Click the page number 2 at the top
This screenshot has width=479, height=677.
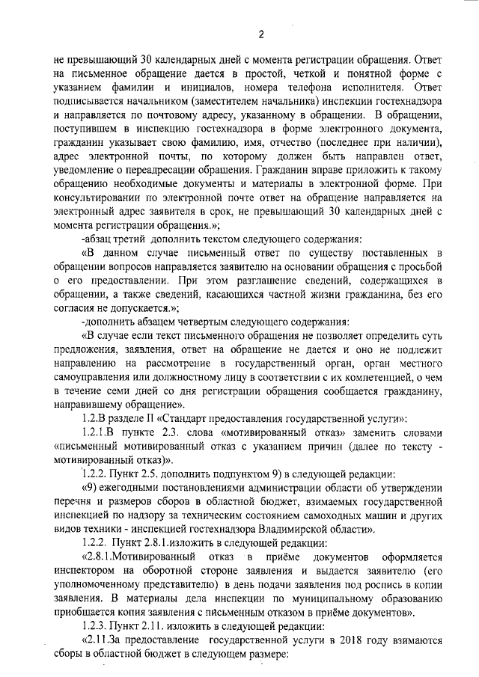click(x=261, y=34)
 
